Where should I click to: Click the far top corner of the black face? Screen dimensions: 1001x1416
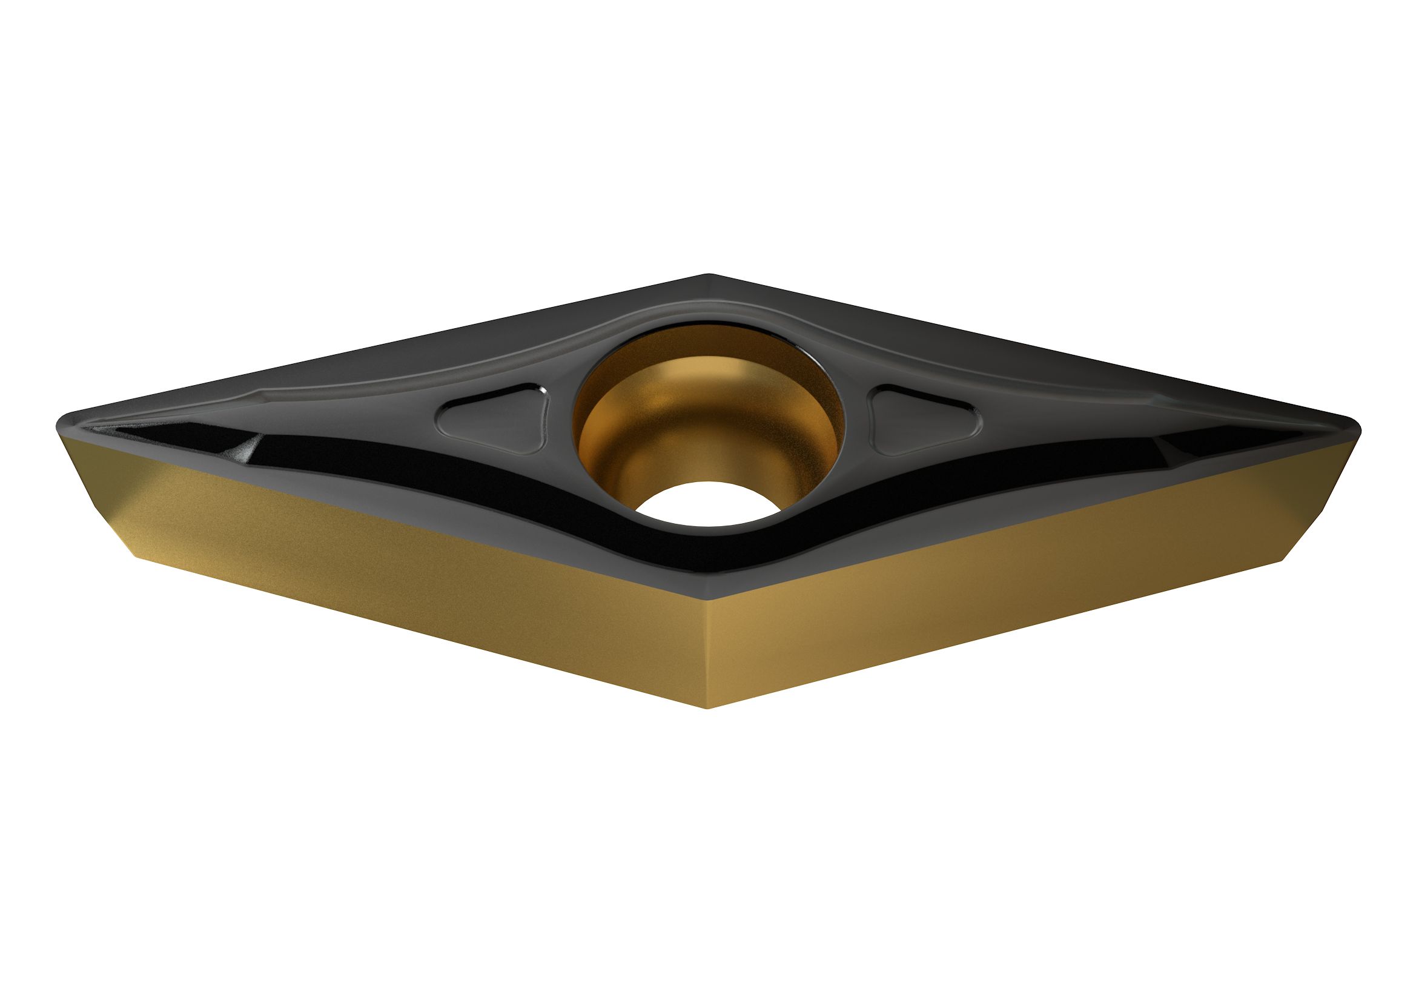(707, 276)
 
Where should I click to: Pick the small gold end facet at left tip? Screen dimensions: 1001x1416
(99, 487)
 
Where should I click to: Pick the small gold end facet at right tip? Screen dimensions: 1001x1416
(1320, 487)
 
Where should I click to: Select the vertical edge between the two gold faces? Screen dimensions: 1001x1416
(707, 654)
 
